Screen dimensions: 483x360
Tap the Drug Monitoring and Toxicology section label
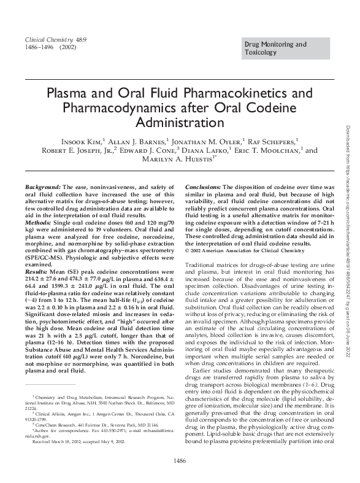[275, 48]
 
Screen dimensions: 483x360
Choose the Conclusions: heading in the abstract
[203, 186]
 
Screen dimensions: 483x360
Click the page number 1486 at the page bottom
[180, 460]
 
